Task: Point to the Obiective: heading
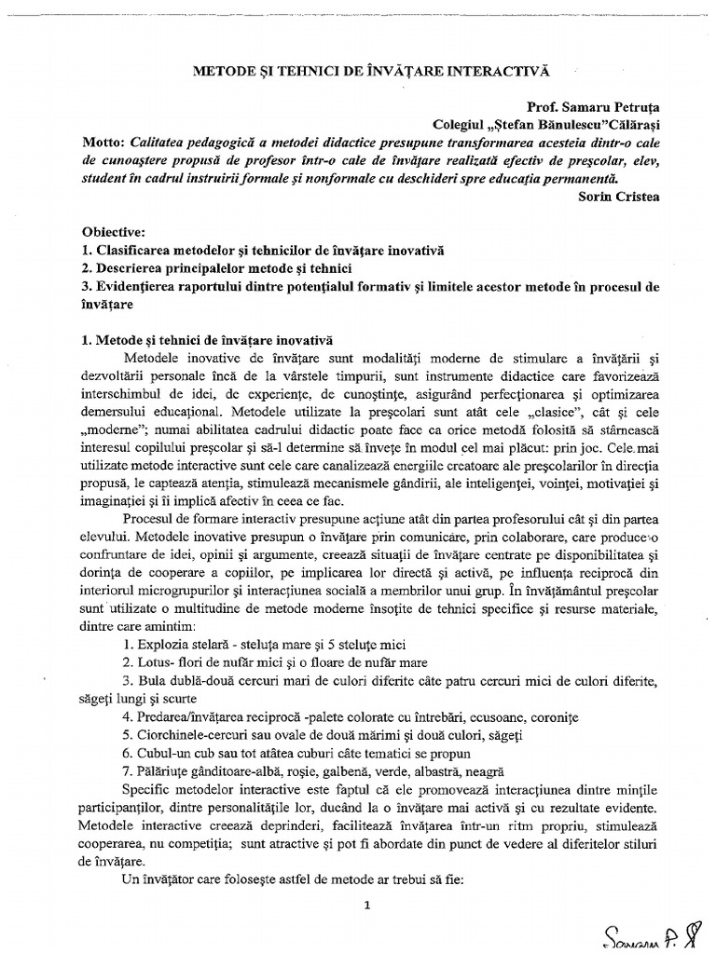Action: [107, 233]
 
